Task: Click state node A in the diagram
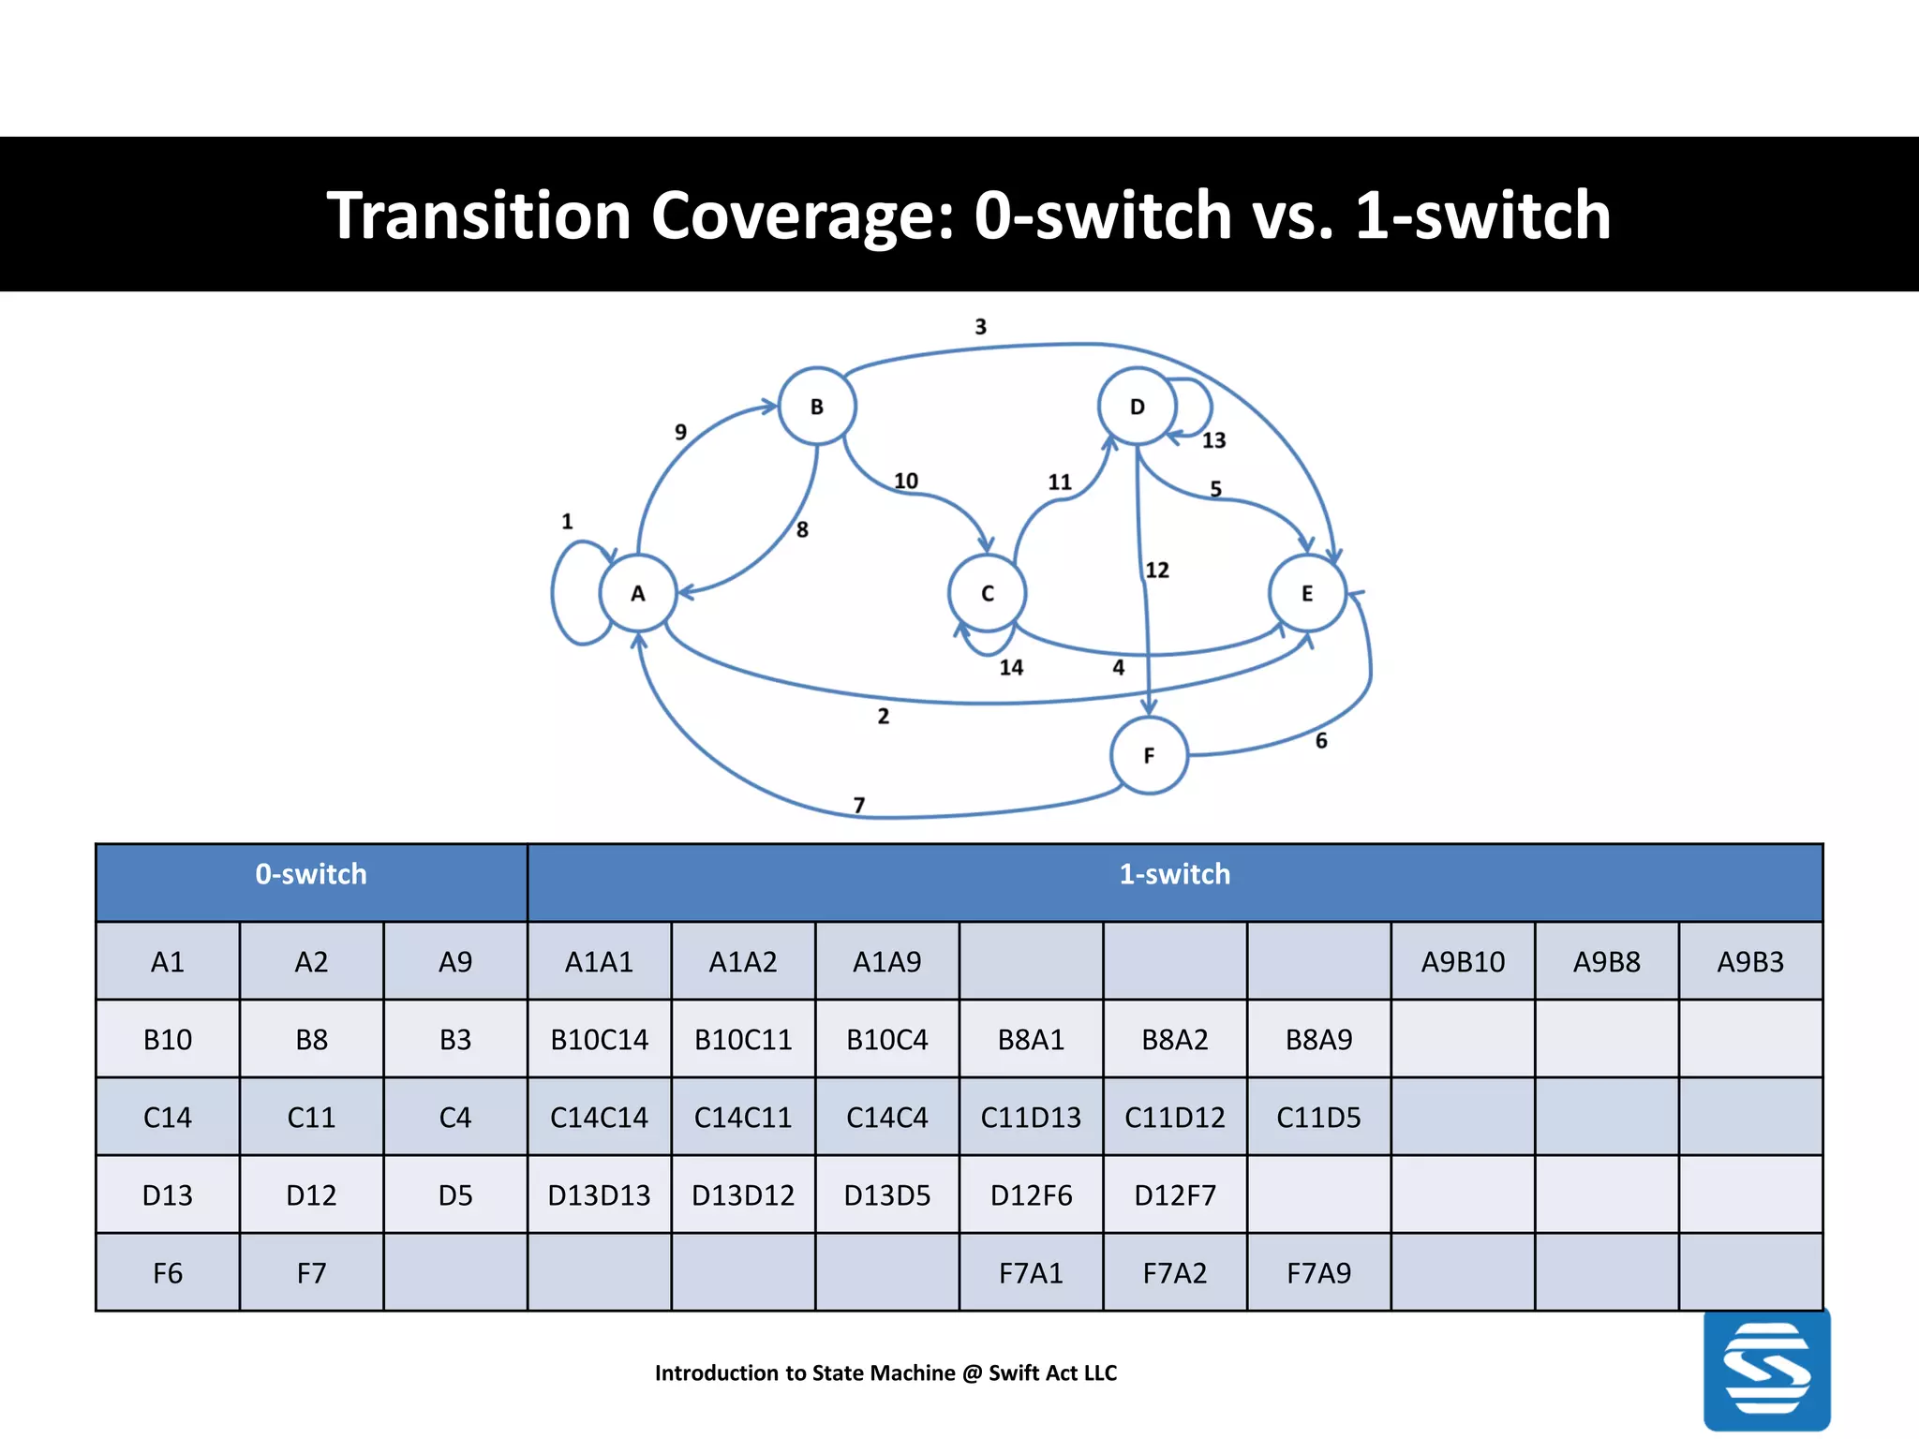pyautogui.click(x=638, y=593)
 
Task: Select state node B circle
pyautogui.click(x=817, y=407)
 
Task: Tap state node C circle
pyautogui.click(x=988, y=593)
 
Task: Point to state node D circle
pyautogui.click(x=1137, y=407)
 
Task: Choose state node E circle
pyautogui.click(x=1307, y=593)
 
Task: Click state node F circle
pyautogui.click(x=1149, y=755)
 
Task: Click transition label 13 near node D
pyautogui.click(x=1213, y=440)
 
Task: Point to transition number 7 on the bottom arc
pyautogui.click(x=859, y=805)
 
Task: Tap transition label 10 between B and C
pyautogui.click(x=905, y=481)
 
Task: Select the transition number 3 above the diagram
pyautogui.click(x=980, y=327)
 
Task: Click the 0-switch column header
pyautogui.click(x=311, y=874)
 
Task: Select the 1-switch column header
pyautogui.click(x=1174, y=874)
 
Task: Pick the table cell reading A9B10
pyautogui.click(x=1463, y=962)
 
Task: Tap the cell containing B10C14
pyautogui.click(x=600, y=1040)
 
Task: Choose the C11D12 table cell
pyautogui.click(x=1175, y=1118)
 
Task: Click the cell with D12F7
pyautogui.click(x=1175, y=1195)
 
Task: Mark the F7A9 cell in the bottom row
pyautogui.click(x=1318, y=1273)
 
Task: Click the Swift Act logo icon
pyautogui.click(x=1766, y=1369)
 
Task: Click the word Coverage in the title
pyautogui.click(x=802, y=215)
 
